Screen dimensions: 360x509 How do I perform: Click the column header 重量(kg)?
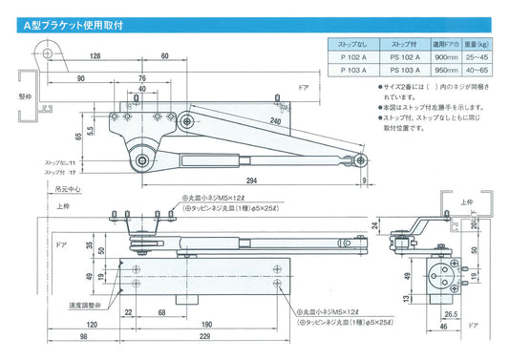pyautogui.click(x=477, y=43)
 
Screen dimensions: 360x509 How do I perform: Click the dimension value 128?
pyautogui.click(x=96, y=56)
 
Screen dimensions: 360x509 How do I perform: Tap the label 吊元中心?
pyautogui.click(x=67, y=190)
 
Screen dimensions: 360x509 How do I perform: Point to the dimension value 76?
pyautogui.click(x=141, y=77)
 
